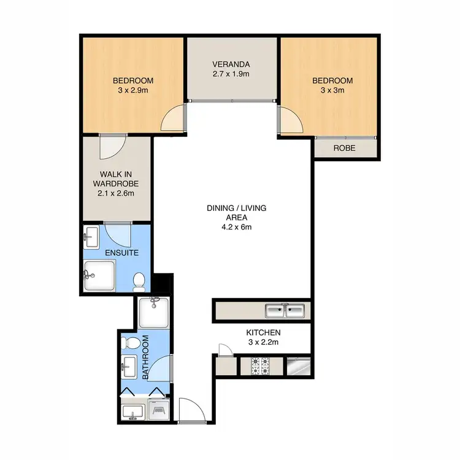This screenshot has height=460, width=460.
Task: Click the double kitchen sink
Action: point(285,311)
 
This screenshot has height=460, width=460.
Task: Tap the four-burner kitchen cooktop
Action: point(259,367)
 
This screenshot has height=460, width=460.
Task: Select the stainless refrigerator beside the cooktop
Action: point(297,367)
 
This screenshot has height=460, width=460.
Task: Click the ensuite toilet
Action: point(139,282)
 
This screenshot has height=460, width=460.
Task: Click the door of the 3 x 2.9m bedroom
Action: point(172,118)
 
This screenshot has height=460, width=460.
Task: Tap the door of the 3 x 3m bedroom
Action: point(290,120)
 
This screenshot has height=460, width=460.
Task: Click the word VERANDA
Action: point(231,64)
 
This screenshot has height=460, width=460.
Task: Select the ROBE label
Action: point(344,148)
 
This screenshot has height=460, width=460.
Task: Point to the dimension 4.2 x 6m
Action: point(236,227)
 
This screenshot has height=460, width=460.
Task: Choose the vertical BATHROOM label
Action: point(146,358)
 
